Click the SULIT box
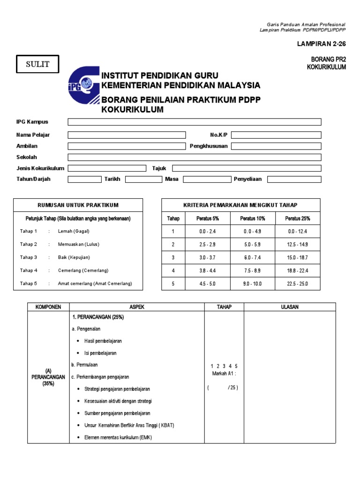(x=38, y=64)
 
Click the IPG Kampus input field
(x=195, y=122)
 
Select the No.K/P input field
(x=276, y=135)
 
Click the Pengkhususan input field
(x=276, y=146)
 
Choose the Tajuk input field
(x=247, y=168)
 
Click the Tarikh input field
(x=142, y=179)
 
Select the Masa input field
(x=206, y=179)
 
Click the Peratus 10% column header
(x=253, y=218)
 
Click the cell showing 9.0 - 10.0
(x=253, y=284)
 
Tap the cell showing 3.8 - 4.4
(x=208, y=270)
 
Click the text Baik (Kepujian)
(x=74, y=257)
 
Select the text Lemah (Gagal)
(x=74, y=231)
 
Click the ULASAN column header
(x=290, y=307)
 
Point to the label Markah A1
(x=224, y=373)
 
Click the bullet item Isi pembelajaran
(x=100, y=353)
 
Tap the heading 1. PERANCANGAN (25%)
(x=97, y=317)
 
